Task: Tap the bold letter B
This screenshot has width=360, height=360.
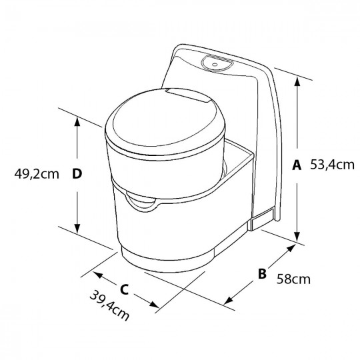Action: (262, 273)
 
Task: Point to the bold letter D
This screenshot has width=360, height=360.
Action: (77, 174)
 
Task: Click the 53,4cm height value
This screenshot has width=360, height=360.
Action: (331, 164)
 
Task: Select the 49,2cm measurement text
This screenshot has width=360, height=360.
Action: (35, 174)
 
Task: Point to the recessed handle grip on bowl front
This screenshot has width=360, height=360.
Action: (144, 203)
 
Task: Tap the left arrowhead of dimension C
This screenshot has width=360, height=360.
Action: (95, 273)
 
